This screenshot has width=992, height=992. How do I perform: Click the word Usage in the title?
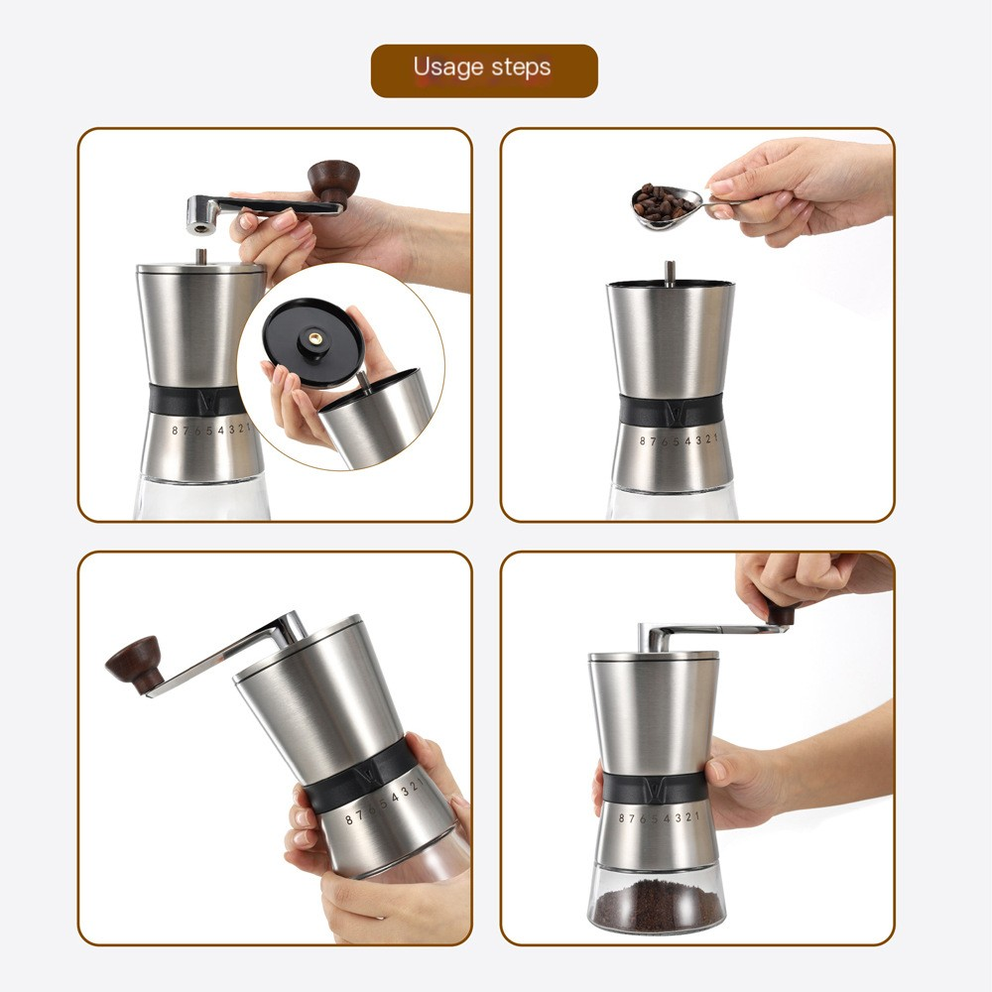coord(446,67)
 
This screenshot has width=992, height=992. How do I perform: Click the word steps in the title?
coord(519,69)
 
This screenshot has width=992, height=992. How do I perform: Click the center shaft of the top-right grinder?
coord(669,271)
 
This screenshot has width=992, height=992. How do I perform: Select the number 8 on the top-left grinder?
coord(175,431)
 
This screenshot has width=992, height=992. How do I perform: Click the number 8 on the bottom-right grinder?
coord(622,818)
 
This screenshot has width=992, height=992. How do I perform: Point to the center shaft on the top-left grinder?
coord(201,256)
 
